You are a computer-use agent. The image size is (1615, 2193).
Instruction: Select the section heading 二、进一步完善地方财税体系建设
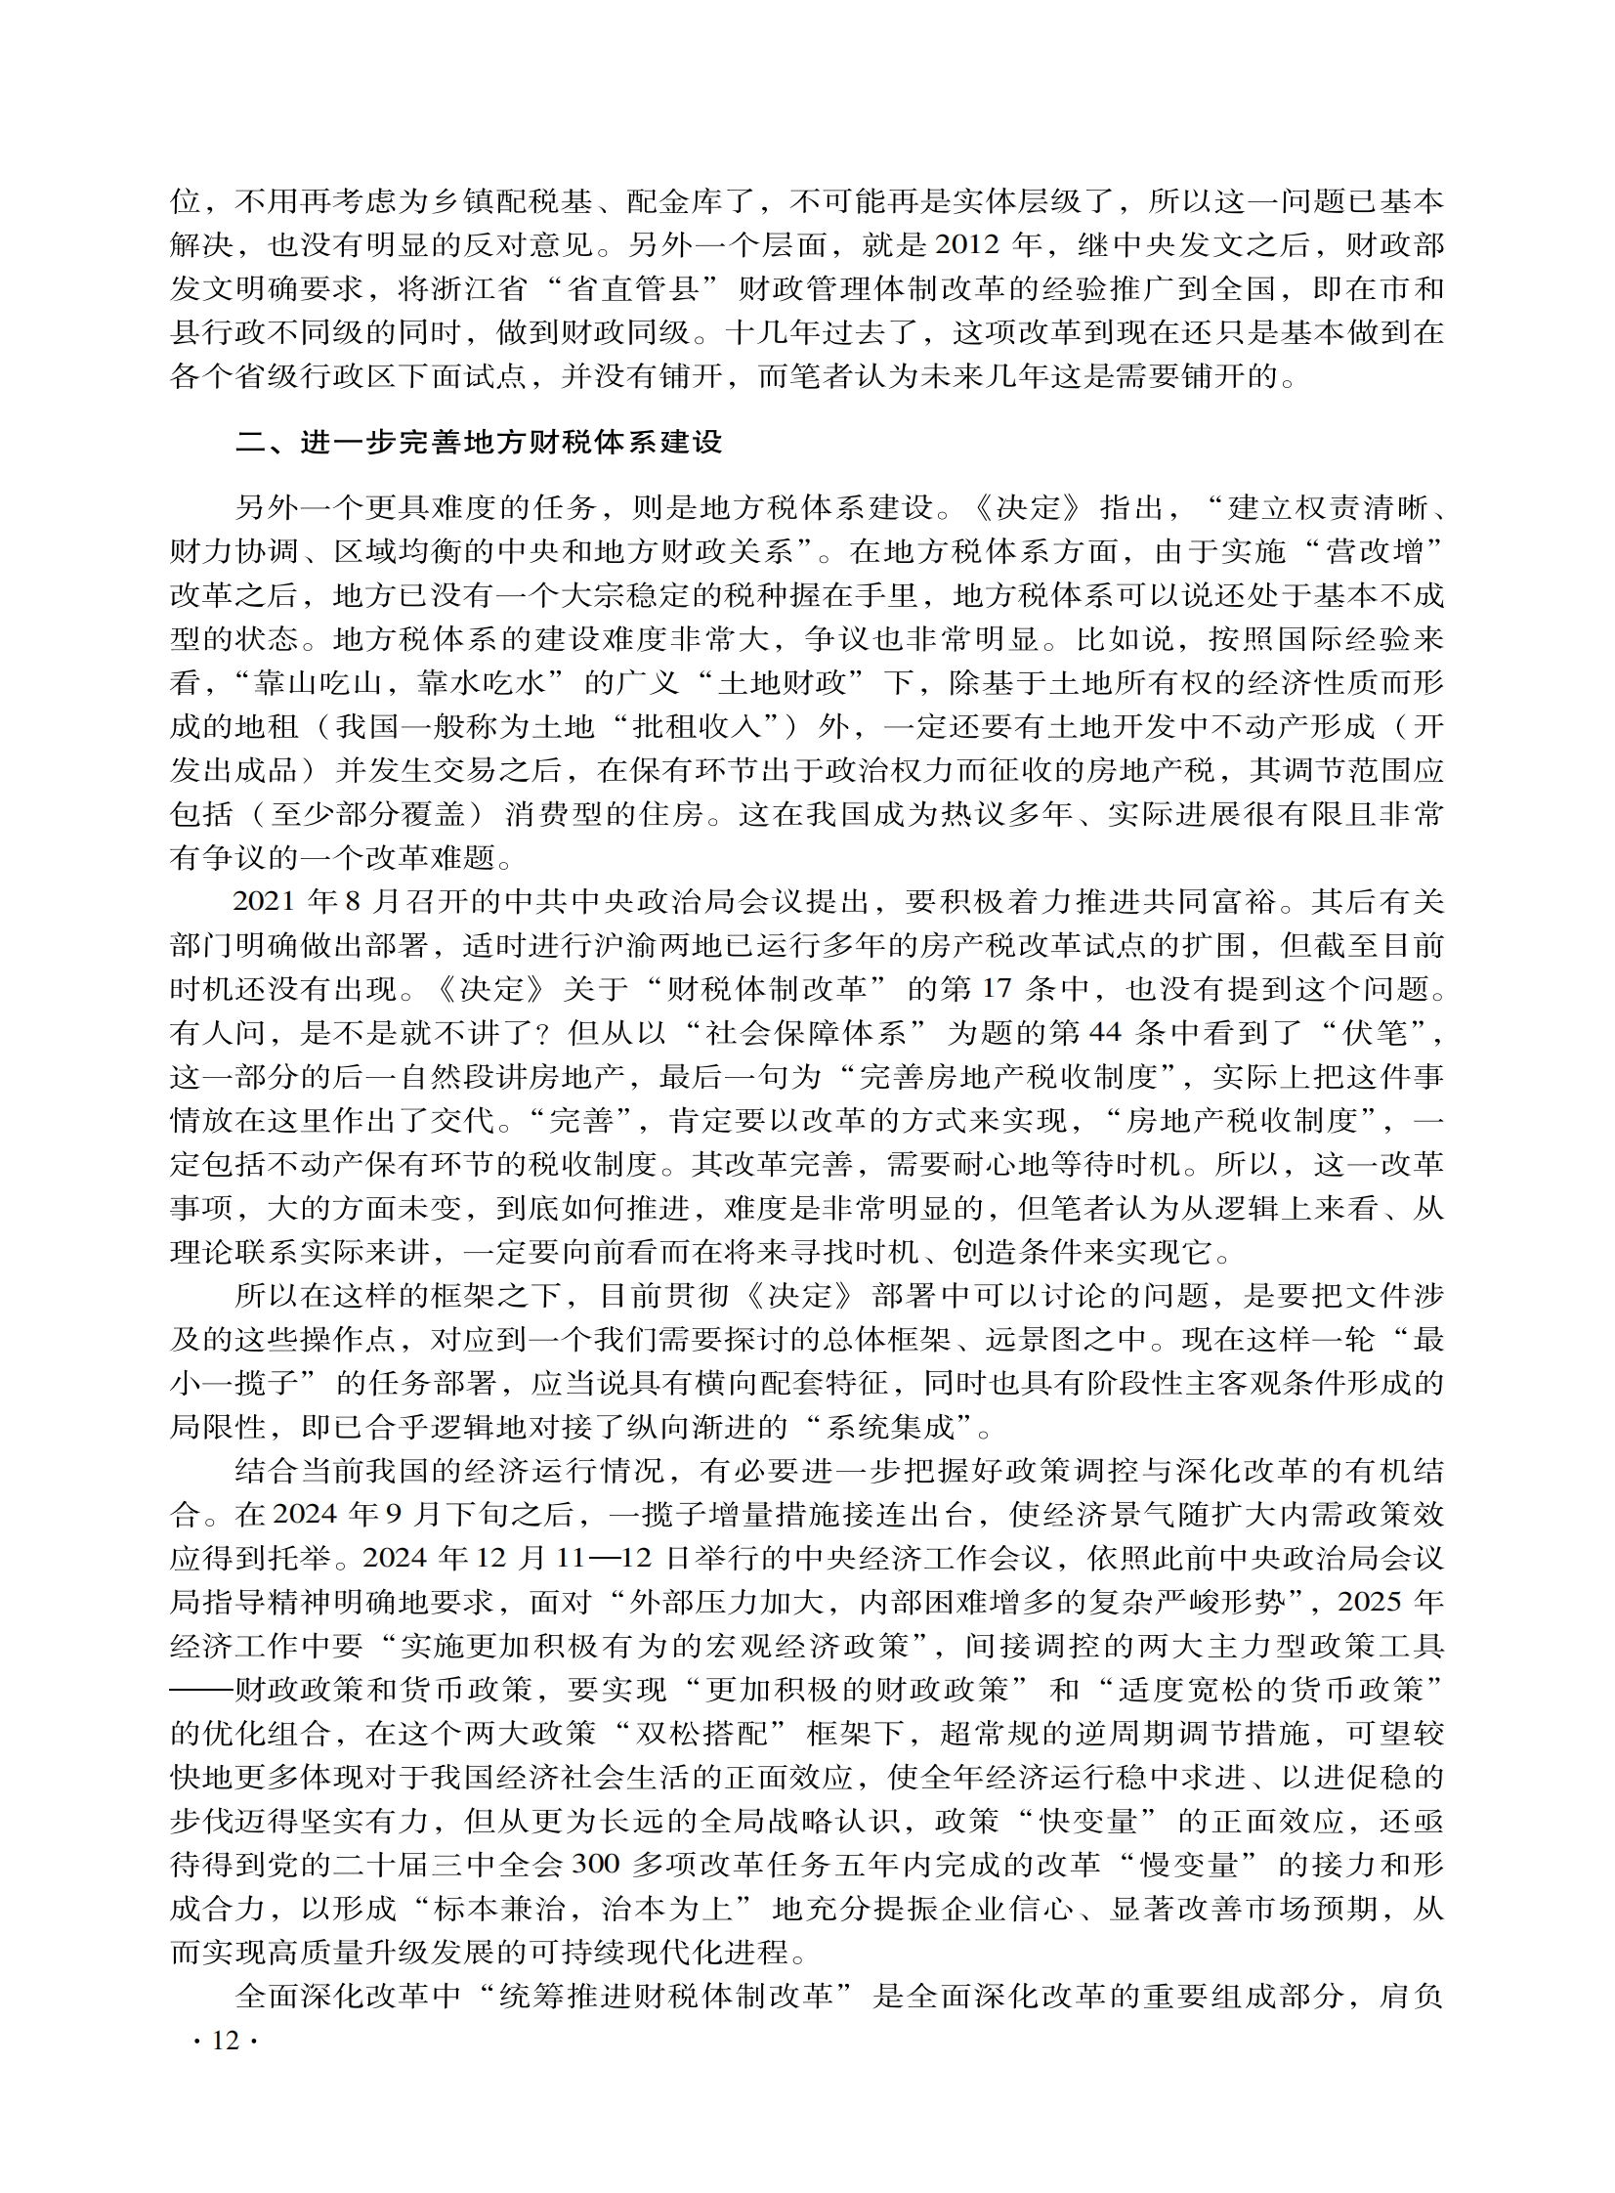(x=478, y=442)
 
